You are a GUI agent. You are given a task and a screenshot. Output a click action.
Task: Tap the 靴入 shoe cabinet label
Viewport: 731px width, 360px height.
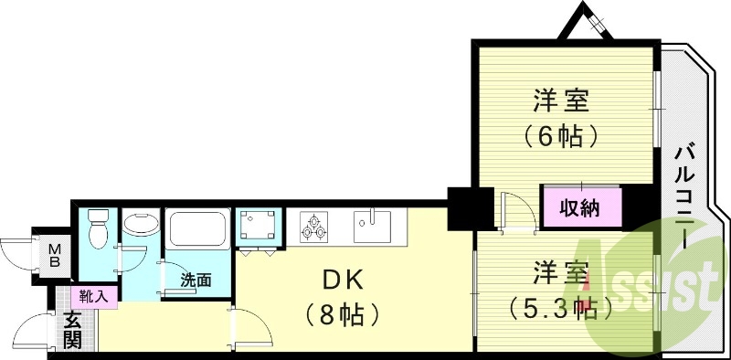click(x=93, y=296)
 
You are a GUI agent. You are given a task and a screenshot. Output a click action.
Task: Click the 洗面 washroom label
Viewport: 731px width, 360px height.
click(x=196, y=281)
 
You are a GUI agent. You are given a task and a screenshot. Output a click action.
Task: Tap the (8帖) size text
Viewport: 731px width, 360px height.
click(x=337, y=315)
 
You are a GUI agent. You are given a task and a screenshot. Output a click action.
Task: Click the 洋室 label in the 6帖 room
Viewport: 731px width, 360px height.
click(x=561, y=99)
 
